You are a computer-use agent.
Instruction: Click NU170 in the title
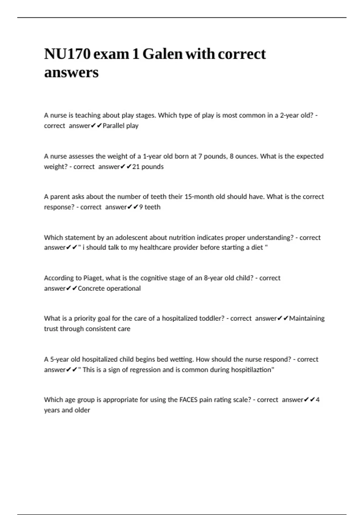point(67,54)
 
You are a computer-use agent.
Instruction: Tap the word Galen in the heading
point(162,54)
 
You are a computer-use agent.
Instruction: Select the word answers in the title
point(71,72)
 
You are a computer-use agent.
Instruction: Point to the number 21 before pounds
point(136,167)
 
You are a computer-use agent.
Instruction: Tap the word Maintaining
point(307,318)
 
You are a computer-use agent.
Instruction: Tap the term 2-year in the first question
point(289,115)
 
